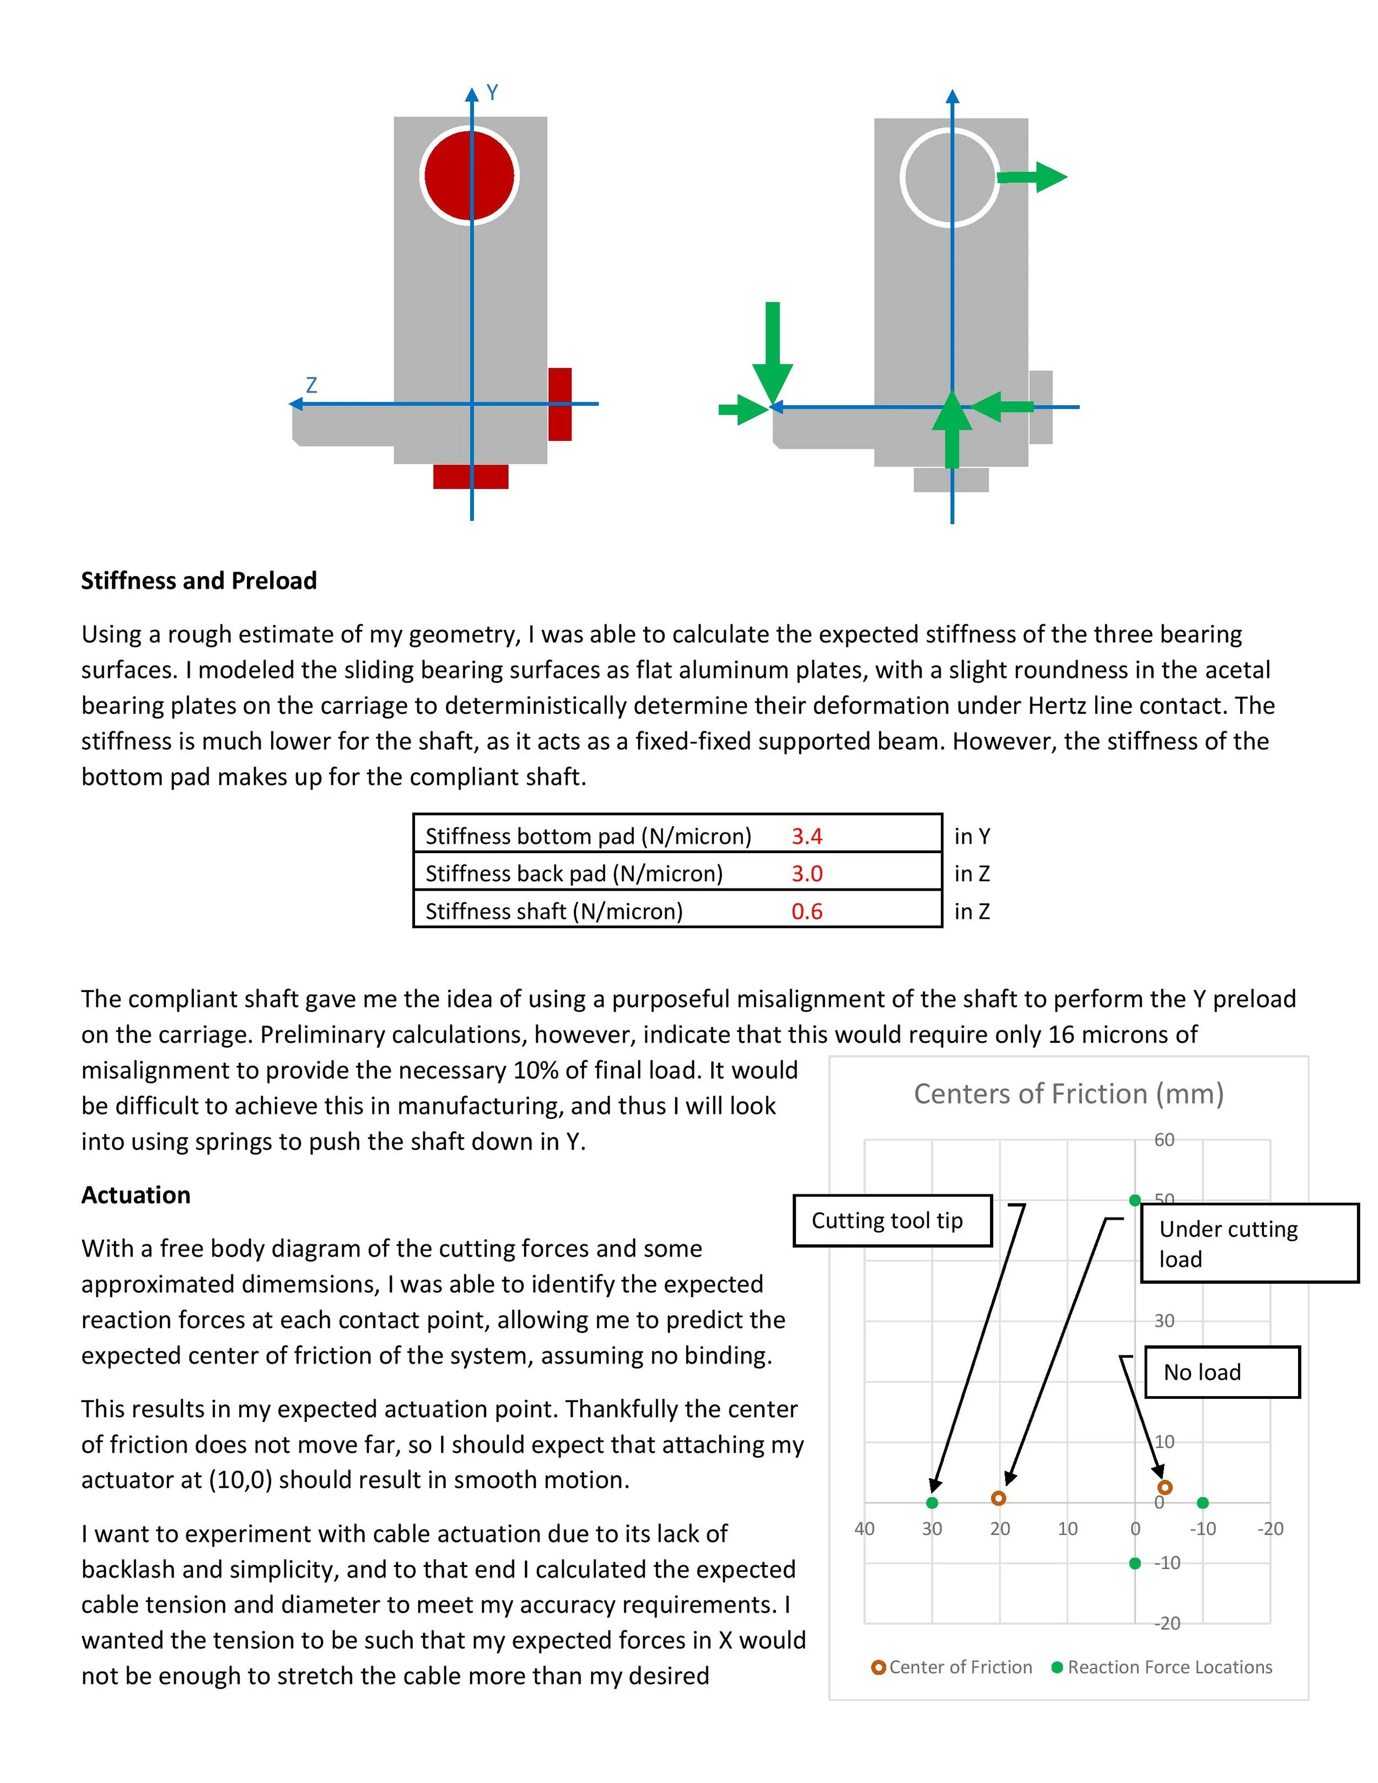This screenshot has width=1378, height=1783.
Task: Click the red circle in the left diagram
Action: pos(470,175)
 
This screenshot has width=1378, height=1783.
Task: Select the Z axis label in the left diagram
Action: pos(311,385)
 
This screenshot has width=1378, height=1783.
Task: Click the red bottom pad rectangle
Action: pos(470,477)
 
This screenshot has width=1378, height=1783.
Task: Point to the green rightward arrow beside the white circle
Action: pos(1033,176)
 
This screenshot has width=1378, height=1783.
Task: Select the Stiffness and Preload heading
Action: pos(198,580)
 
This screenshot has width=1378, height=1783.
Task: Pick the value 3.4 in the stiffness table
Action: pos(806,836)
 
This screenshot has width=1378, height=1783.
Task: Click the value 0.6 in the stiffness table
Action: pos(806,911)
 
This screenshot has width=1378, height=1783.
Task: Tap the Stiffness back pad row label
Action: pos(574,874)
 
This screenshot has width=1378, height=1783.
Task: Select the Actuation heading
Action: pos(136,1195)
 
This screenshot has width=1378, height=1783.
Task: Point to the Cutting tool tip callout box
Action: pos(892,1220)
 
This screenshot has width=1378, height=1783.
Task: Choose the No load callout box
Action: pos(1221,1372)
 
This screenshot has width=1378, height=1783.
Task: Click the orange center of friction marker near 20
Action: pos(998,1498)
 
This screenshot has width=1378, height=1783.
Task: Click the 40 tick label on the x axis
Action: pos(864,1529)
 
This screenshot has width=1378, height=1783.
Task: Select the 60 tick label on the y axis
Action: pos(1164,1140)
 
